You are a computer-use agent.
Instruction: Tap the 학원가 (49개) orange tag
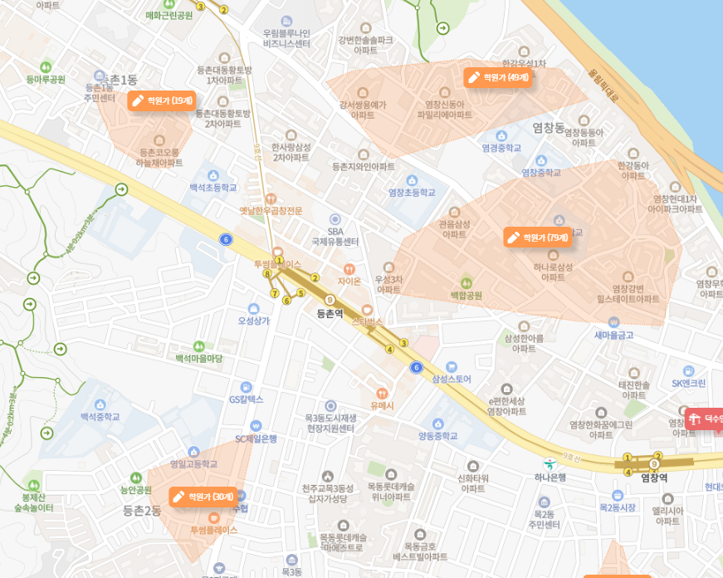coord(497,77)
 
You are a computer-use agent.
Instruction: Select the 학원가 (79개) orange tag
coord(537,237)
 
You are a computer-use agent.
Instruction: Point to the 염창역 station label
coord(654,478)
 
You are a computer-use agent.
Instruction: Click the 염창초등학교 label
coord(412,192)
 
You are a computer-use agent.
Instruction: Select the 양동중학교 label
coord(437,435)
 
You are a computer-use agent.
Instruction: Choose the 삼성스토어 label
coord(452,379)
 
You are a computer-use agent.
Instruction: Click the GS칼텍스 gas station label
coord(246,399)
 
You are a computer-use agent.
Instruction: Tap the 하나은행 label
coord(550,477)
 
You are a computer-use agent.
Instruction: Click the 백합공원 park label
coord(466,295)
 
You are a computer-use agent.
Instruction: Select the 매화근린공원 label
coord(169,15)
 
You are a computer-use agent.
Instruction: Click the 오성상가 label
coord(254,320)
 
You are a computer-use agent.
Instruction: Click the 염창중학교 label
coord(541,172)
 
